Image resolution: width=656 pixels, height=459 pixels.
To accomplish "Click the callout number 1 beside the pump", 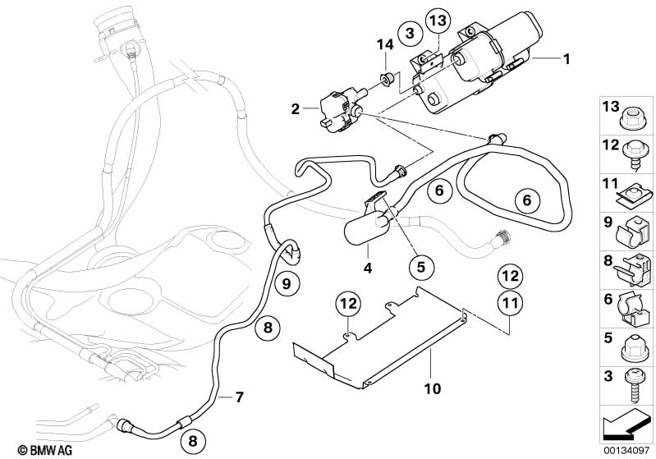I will (x=565, y=58).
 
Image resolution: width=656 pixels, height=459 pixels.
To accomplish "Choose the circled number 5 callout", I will (x=421, y=267).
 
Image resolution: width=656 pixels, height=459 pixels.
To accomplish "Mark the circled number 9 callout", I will (x=287, y=282).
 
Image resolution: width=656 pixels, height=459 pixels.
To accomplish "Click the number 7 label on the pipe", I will (x=239, y=398).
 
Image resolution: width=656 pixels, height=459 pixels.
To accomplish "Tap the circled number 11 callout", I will (x=510, y=304).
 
